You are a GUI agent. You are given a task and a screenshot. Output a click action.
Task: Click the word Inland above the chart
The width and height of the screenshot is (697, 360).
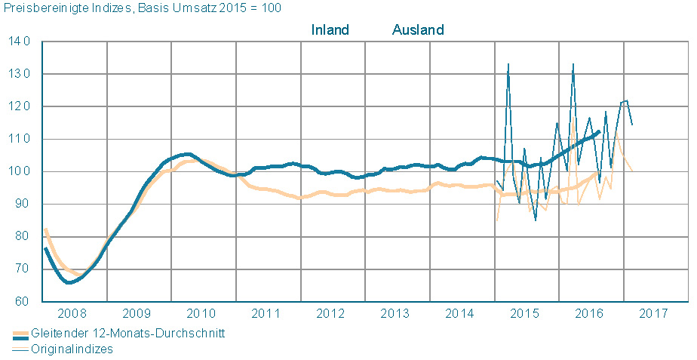point(330,30)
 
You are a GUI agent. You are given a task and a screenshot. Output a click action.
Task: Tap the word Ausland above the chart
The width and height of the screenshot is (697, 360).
point(418,30)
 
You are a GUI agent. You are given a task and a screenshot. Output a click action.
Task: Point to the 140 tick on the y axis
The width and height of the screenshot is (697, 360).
point(20,42)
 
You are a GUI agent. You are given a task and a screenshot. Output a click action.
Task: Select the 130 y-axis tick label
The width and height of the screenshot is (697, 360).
point(20,75)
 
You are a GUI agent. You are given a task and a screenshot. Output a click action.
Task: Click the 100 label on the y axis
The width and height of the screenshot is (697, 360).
point(20,172)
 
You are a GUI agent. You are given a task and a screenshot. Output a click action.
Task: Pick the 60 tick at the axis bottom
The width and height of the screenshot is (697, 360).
point(23,302)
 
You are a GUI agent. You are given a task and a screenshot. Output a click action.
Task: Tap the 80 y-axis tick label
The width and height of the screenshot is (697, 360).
point(23,237)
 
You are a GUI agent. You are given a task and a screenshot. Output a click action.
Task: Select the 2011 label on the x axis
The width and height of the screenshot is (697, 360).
point(268,313)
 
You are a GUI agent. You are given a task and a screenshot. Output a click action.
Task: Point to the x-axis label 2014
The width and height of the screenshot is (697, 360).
point(462,313)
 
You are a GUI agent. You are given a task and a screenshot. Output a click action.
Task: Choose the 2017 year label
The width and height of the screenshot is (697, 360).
point(654,313)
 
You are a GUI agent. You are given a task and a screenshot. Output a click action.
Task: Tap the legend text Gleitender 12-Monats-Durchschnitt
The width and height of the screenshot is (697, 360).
point(127,334)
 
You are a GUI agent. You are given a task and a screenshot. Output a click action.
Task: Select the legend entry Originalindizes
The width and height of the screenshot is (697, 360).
point(72,349)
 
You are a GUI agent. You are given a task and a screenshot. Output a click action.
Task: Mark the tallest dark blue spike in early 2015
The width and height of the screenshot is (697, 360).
point(508,65)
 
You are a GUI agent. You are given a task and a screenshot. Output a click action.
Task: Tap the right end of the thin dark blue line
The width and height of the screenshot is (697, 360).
point(632,125)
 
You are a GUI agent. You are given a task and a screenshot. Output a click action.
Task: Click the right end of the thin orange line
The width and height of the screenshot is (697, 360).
point(631,171)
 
